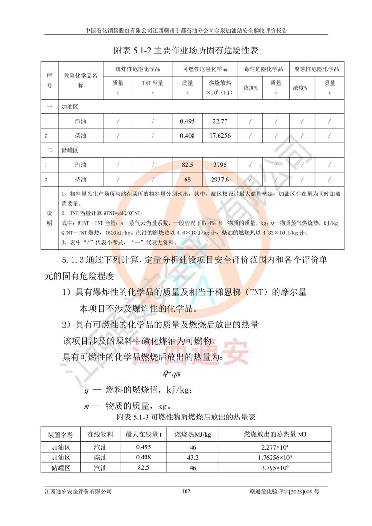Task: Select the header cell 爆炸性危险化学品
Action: coord(138,69)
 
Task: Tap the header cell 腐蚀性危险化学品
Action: coord(316,69)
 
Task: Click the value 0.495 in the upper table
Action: coord(187,122)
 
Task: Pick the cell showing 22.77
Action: coord(219,122)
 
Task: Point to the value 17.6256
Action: coord(219,136)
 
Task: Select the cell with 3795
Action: coord(219,165)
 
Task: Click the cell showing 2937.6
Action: coord(219,179)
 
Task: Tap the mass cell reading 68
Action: coord(187,179)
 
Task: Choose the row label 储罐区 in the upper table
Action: coord(70,151)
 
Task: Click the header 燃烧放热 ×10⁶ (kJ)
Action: coord(219,88)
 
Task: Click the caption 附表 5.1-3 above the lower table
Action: coord(186,417)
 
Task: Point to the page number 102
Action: coord(186,492)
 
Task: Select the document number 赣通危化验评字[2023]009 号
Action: coord(288,492)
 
